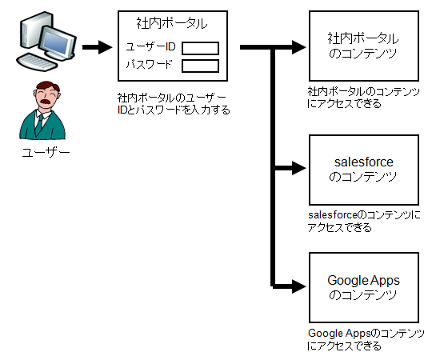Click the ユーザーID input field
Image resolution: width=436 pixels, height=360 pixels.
[200, 48]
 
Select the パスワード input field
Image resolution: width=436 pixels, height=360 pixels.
[200, 66]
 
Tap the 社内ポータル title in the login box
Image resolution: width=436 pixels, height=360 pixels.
[172, 23]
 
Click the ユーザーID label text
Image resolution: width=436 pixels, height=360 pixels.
[150, 46]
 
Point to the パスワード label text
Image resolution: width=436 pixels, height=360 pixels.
[150, 64]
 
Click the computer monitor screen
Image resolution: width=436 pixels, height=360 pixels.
[57, 42]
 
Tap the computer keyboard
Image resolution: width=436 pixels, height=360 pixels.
[37, 62]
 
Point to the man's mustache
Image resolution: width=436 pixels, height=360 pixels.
[46, 101]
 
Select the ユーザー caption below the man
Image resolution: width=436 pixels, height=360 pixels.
[46, 152]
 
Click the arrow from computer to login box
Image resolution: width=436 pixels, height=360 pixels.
[98, 47]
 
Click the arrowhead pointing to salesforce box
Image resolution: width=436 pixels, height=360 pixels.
[299, 168]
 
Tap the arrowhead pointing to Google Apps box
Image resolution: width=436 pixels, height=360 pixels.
[299, 286]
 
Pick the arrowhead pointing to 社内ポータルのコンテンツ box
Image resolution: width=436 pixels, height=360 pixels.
[299, 47]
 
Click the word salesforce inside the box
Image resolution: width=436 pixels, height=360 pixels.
[364, 162]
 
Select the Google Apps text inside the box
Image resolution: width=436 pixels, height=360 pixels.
[363, 281]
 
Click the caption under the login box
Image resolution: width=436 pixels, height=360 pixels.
[174, 104]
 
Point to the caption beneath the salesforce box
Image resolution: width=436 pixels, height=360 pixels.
[364, 222]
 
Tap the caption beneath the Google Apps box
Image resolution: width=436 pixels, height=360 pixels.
[366, 339]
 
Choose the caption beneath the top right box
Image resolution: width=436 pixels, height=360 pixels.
[363, 98]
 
